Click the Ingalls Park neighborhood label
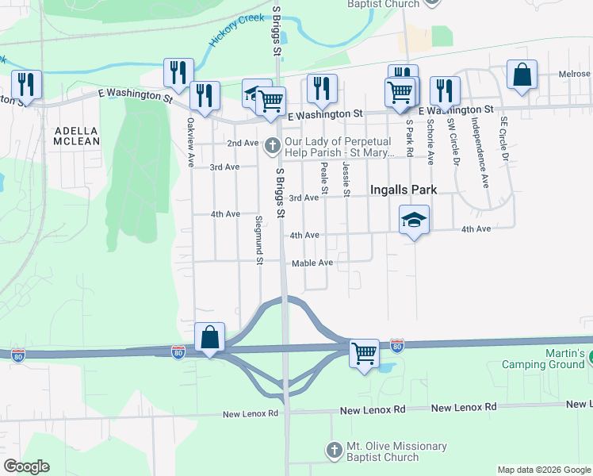point(404,190)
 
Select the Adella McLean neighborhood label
point(77,136)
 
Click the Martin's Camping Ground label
point(545,359)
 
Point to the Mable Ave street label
point(312,263)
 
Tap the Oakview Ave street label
point(190,142)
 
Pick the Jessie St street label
point(346,179)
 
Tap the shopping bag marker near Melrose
point(522,75)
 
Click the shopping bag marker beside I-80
point(209,337)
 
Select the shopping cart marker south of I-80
point(364,352)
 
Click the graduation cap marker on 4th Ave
point(414,219)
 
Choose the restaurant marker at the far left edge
point(26,84)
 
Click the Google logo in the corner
point(26,466)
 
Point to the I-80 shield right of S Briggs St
point(396,345)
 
